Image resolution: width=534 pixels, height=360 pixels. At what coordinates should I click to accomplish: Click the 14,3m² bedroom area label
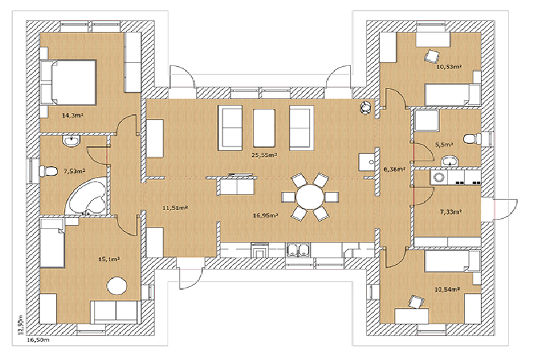(73, 115)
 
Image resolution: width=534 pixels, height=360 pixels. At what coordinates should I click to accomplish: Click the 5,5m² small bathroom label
(444, 145)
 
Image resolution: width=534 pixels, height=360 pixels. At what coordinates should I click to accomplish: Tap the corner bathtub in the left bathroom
(87, 196)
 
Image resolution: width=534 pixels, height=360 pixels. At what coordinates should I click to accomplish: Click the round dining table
(310, 199)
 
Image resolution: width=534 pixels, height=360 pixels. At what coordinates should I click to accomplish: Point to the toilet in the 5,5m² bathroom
(482, 138)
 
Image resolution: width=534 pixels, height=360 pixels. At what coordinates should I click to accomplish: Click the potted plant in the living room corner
(366, 107)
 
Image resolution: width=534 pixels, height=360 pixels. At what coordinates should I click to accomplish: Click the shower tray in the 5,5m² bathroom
(426, 122)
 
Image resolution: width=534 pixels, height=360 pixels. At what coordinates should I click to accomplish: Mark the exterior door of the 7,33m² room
(504, 207)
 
